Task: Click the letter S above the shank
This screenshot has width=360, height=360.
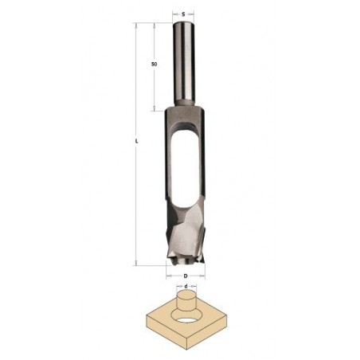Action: [183, 14]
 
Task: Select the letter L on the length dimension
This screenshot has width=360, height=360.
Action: [136, 142]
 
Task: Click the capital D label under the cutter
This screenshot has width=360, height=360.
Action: [186, 276]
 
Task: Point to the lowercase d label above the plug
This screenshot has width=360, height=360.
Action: [186, 286]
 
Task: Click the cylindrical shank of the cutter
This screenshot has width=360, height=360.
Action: [184, 65]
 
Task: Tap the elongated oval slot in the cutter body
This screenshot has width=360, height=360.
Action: [185, 170]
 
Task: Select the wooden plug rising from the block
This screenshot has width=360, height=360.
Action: [186, 302]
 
